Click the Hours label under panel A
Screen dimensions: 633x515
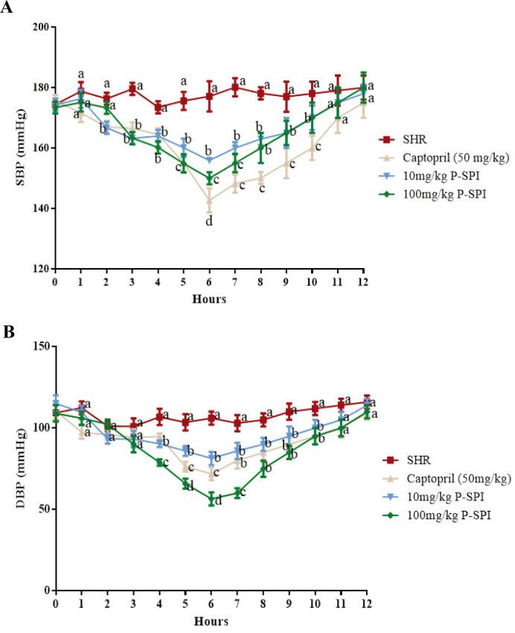click(210, 300)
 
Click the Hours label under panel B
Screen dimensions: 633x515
click(210, 621)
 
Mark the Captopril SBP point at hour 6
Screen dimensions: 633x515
click(210, 200)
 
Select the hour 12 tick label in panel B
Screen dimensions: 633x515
click(365, 601)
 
